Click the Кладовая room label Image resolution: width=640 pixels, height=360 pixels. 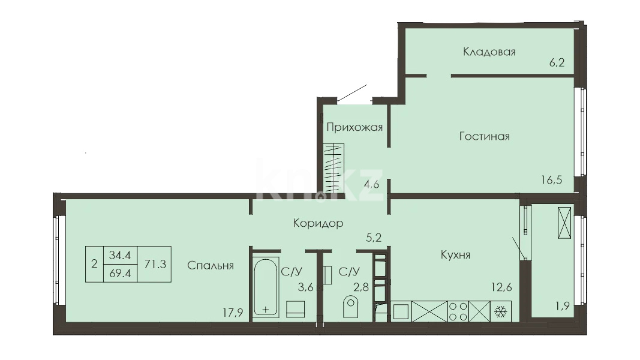[x=489, y=52]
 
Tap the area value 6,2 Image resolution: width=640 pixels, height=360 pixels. [x=557, y=62]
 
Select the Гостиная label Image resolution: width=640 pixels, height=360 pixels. [x=485, y=136]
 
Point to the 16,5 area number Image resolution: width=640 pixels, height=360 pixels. [x=552, y=179]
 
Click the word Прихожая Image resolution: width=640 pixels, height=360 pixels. [x=354, y=127]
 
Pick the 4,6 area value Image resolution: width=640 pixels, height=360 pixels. [x=371, y=184]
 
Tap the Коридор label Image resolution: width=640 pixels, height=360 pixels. [x=319, y=223]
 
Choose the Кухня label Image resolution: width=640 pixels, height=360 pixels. [x=455, y=254]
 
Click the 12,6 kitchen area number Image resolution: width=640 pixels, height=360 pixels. [x=501, y=287]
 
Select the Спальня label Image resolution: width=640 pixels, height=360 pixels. [x=210, y=265]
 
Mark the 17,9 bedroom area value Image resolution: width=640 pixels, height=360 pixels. [x=233, y=313]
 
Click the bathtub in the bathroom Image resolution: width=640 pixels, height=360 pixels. [x=266, y=287]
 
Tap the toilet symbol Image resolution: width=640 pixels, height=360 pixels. [x=350, y=307]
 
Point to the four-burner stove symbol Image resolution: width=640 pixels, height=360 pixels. [x=458, y=311]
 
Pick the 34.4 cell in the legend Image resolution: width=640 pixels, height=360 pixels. [x=121, y=256]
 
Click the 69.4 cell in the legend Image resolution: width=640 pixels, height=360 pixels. [x=121, y=274]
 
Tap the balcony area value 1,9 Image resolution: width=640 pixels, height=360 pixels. [x=563, y=306]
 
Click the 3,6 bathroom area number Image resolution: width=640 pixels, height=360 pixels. [x=305, y=287]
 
